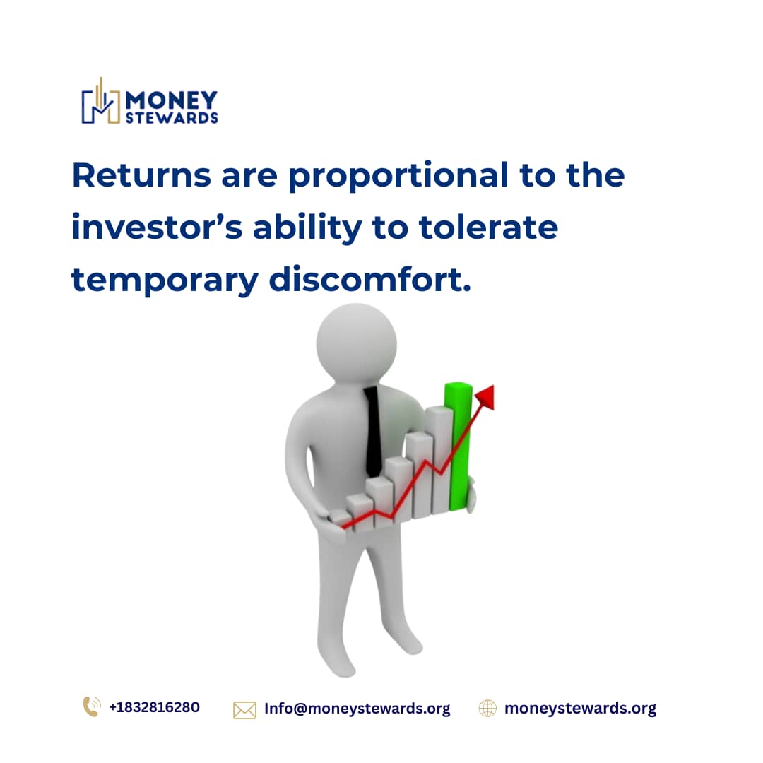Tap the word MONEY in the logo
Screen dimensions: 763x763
coord(172,100)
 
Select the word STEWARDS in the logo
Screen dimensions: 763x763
coord(172,117)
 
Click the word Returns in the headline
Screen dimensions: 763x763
coord(141,175)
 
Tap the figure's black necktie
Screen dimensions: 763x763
coord(373,431)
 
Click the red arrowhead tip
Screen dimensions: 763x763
coord(486,396)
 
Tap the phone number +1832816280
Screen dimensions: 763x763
coord(154,707)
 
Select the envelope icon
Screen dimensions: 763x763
coord(244,709)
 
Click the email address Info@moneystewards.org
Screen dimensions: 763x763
coord(357,709)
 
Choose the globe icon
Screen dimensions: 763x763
coord(487,708)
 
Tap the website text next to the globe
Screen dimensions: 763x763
coord(580,709)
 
